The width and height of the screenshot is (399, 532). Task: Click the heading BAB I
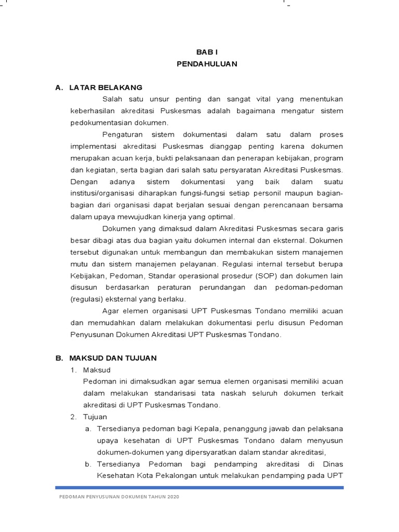206,52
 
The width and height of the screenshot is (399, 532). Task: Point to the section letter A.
58,87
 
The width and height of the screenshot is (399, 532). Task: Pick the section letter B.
58,358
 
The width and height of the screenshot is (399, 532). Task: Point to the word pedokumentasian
99,123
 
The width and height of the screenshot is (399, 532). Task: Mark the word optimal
222,217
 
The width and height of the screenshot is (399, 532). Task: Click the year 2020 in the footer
173,497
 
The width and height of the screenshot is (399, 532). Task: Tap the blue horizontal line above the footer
199,487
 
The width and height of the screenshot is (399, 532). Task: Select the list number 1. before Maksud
74,369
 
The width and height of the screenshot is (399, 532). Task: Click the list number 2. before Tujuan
74,417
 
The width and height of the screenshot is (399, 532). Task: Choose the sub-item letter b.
88,464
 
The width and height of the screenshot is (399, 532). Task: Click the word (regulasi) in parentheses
85,299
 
